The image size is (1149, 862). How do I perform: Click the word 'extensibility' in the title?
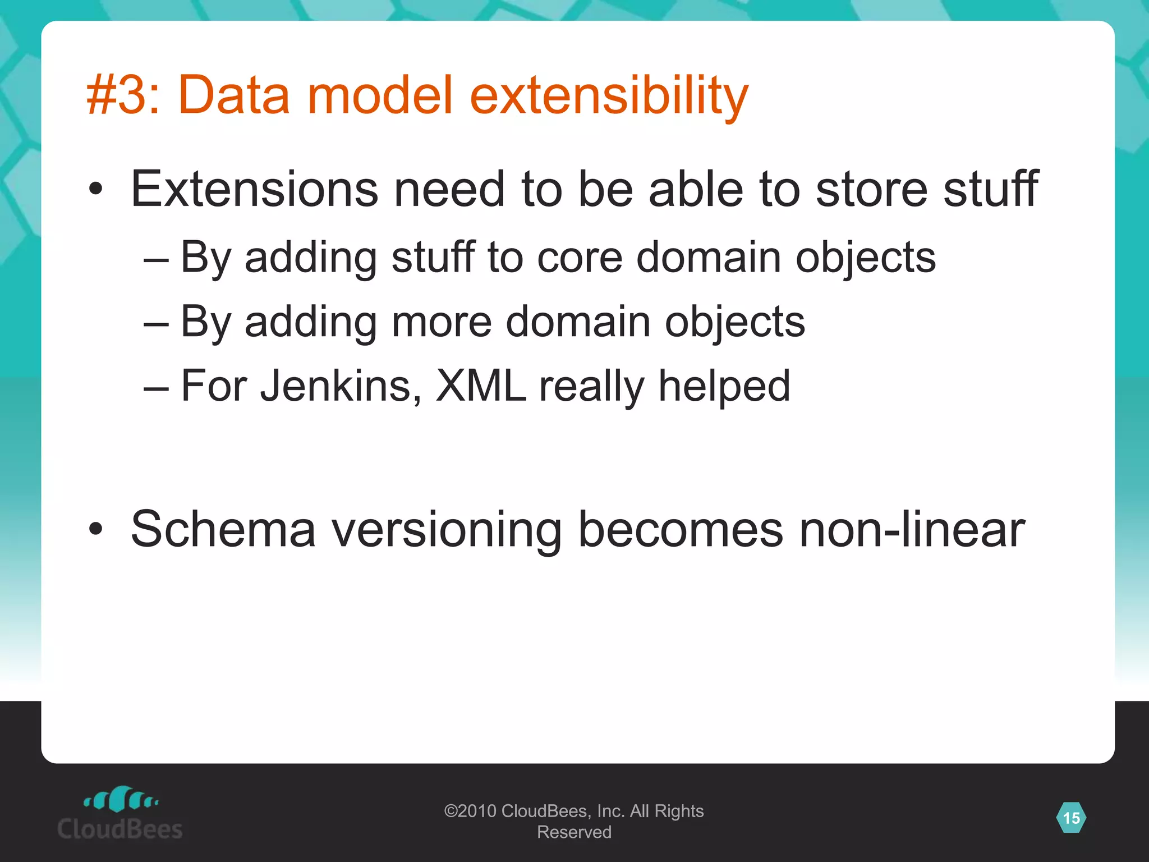click(608, 95)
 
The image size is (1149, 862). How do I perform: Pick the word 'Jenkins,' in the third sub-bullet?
click(341, 386)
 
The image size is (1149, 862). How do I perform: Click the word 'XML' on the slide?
click(481, 386)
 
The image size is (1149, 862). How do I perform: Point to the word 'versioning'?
click(446, 530)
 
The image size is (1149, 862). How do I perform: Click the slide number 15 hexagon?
click(1071, 818)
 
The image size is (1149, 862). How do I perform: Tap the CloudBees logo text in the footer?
click(120, 829)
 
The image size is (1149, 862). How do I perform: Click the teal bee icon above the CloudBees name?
click(121, 799)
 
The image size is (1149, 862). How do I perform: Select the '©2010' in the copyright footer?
click(470, 811)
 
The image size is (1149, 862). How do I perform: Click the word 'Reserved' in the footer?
click(574, 832)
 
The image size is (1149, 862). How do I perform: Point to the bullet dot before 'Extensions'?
click(96, 190)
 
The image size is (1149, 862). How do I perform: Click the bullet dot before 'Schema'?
click(96, 529)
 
